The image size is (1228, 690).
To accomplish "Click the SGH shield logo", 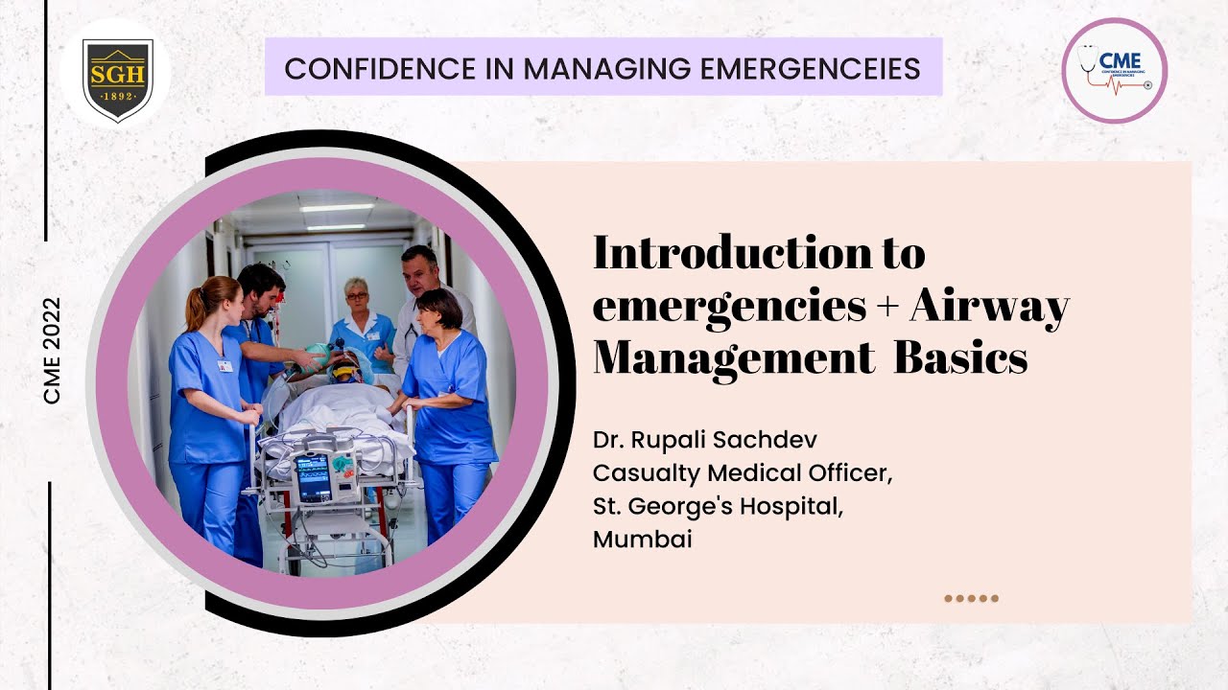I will coord(116,80).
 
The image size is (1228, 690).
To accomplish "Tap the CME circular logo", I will coord(1114,71).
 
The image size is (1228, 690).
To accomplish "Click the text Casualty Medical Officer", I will coord(743,473).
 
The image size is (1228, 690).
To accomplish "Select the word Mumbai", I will coord(642,540).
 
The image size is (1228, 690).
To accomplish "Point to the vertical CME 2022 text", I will coord(52,350).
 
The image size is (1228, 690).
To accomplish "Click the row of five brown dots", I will coord(971,598).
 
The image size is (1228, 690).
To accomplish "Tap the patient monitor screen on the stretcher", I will coord(312,476).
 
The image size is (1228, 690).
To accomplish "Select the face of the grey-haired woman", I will coord(358,298).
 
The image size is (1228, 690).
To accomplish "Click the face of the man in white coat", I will coord(419,272).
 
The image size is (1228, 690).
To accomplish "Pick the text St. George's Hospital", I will coord(719,506).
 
